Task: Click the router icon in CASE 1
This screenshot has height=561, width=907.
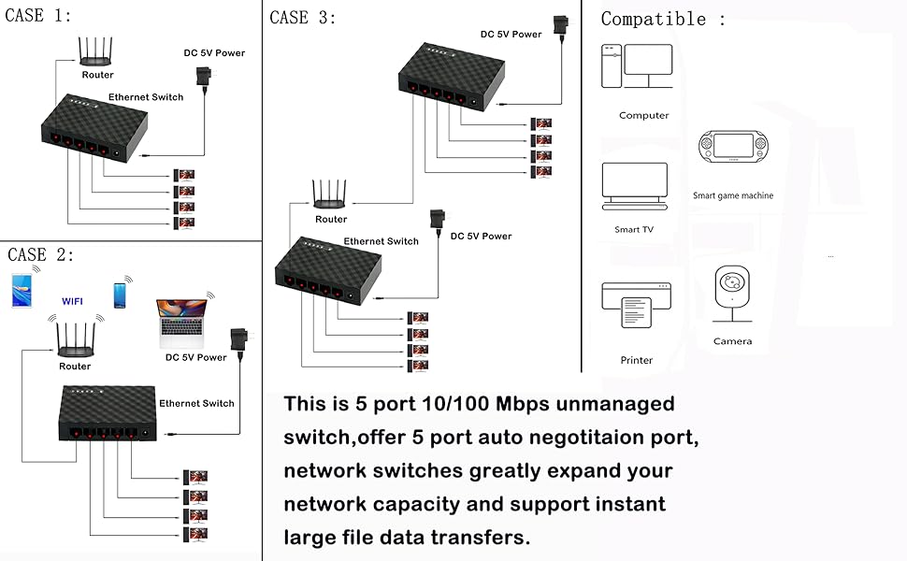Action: pos(97,54)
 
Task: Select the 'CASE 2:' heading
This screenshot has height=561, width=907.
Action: pos(40,254)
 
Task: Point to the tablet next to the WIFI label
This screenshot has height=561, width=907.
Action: pos(23,290)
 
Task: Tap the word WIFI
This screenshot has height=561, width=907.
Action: pos(73,302)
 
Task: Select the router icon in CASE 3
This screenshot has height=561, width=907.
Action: pos(330,196)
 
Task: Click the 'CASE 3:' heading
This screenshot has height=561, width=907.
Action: pos(302,18)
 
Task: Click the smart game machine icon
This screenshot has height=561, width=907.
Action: pos(732,148)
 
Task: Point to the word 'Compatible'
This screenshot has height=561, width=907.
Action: pos(654,19)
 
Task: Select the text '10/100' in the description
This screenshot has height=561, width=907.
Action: pos(453,404)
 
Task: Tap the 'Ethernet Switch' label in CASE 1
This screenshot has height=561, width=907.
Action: pos(146,97)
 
